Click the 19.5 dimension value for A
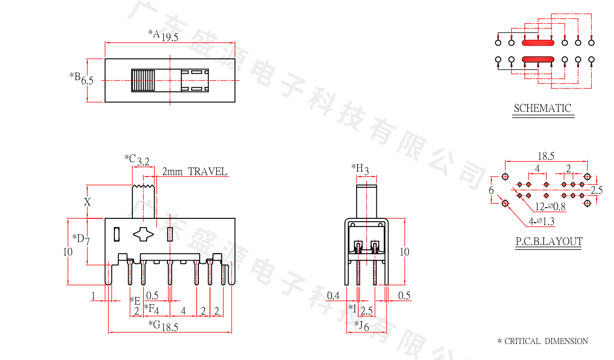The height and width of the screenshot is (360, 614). [x=170, y=37]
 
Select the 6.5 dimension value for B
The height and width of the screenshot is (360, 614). [x=87, y=81]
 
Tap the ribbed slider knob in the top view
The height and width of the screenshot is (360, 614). [x=143, y=81]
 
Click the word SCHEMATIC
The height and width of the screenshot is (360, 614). [x=542, y=108]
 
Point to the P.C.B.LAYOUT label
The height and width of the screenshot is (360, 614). [x=549, y=241]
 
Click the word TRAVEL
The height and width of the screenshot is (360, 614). [x=208, y=172]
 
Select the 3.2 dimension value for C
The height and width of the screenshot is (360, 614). [x=143, y=162]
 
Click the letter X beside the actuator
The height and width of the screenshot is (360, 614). [x=87, y=202]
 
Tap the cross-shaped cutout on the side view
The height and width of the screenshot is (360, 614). [x=143, y=234]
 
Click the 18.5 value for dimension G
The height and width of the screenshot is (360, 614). [x=170, y=327]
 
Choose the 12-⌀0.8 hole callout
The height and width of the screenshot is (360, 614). [x=550, y=207]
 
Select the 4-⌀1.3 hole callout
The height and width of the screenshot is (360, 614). [x=541, y=221]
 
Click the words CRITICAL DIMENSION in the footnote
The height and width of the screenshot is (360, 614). [x=546, y=341]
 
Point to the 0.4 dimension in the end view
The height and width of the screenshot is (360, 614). [x=333, y=295]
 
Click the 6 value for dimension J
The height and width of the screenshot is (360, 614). [x=366, y=327]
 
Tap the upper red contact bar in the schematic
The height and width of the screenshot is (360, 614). [x=538, y=43]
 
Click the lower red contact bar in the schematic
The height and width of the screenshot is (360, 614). [x=538, y=60]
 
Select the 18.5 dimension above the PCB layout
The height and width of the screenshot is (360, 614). [x=546, y=156]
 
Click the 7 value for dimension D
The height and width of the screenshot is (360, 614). [x=87, y=242]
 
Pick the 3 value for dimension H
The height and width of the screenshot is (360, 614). [x=366, y=171]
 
